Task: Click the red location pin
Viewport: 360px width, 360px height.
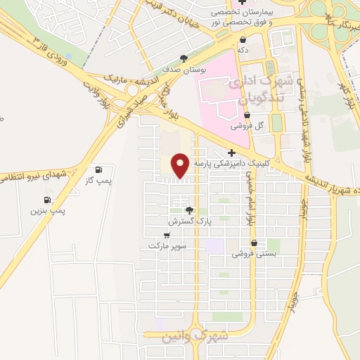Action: point(180,165)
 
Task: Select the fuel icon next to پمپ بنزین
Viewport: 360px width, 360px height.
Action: point(46,199)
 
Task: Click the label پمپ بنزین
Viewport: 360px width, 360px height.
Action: point(48,210)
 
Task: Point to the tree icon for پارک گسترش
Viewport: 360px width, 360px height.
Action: point(188,210)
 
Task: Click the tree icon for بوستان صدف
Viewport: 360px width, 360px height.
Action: point(184,58)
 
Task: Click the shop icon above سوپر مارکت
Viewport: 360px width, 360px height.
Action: point(167,236)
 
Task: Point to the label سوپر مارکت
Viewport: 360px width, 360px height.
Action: point(165,247)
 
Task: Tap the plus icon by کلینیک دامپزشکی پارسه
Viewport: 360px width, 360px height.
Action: point(232,152)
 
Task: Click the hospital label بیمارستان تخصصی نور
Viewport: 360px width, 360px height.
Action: point(251,18)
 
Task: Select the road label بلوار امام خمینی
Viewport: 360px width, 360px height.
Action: point(249,200)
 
